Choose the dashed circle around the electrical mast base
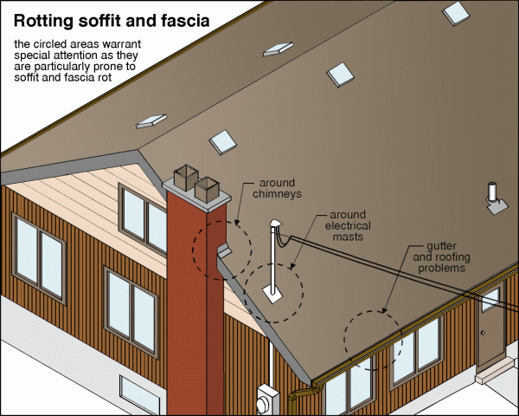coord(274,289)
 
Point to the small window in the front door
coord(490,300)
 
